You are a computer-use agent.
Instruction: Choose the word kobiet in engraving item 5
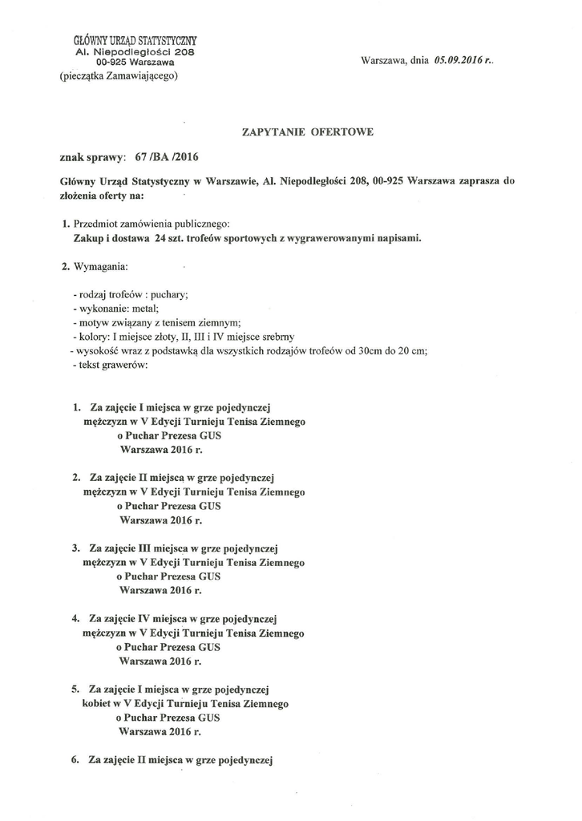click(x=96, y=703)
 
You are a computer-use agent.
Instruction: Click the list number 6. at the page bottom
click(x=75, y=758)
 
